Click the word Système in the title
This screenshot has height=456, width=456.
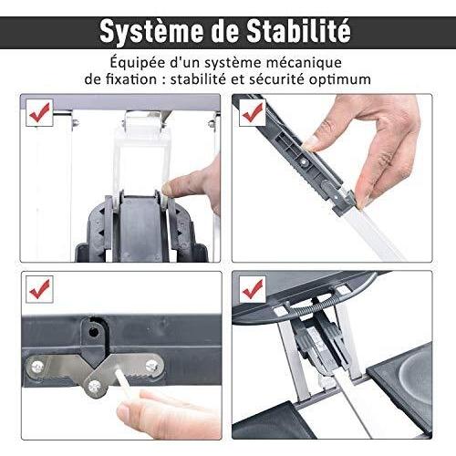pos(151,31)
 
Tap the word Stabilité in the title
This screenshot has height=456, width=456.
pos(298,31)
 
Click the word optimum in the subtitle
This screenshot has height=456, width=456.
pos(340,79)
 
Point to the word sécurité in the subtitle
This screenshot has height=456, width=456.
pos(276,79)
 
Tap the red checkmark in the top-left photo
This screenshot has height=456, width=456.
pos(39,112)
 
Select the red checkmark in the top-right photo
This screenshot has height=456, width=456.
pos(253,112)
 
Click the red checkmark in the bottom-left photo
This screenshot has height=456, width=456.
pos(39,289)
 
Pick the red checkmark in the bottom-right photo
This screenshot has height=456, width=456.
pos(253,289)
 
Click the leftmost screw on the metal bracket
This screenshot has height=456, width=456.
pos(37,368)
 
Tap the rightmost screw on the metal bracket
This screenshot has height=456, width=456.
pos(151,366)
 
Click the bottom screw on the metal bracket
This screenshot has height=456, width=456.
pos(95,386)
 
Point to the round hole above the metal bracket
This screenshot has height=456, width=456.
pos(93,332)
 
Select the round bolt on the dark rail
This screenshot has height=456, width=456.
pos(305,163)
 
